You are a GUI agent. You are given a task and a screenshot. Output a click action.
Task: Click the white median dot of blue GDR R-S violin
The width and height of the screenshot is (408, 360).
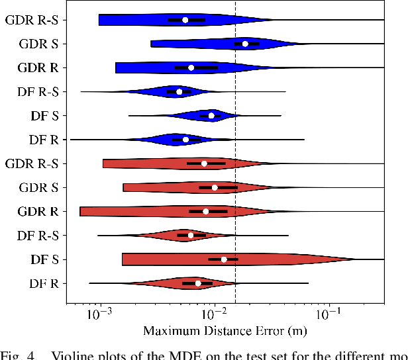tap(185, 20)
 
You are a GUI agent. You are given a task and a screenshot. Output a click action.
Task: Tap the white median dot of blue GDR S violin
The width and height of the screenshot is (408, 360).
tap(245, 44)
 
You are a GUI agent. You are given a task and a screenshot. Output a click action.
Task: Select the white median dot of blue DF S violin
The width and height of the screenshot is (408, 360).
tap(211, 116)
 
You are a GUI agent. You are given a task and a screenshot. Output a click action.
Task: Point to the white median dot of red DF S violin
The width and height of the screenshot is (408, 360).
tap(224, 259)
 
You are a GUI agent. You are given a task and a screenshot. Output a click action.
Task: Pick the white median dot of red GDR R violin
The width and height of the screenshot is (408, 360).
tap(206, 211)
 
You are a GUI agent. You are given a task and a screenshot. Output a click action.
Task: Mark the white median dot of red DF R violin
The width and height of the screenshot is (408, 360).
tap(198, 283)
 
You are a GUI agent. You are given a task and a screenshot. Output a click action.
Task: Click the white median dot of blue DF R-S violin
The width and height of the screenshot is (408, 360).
tap(179, 92)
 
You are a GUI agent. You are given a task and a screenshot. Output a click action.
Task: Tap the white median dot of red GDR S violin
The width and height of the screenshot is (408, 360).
tap(215, 187)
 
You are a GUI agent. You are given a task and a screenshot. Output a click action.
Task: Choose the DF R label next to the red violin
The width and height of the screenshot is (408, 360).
tap(44, 283)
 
